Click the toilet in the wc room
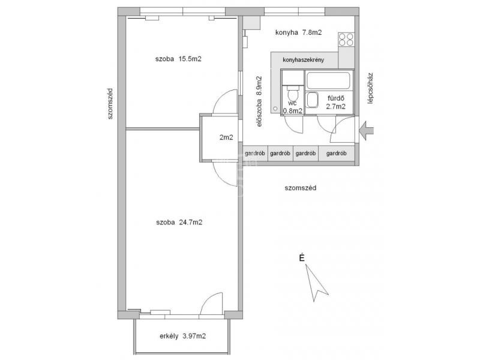(x=293, y=92)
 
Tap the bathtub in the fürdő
(x=328, y=80)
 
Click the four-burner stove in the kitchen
(x=346, y=39)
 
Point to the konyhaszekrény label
(x=303, y=60)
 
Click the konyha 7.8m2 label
(x=298, y=32)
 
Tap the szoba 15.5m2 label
(x=178, y=59)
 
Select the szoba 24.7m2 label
(x=179, y=222)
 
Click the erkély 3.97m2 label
(x=183, y=336)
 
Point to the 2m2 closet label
(x=226, y=138)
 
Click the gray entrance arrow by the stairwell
(x=367, y=131)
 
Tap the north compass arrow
(x=316, y=283)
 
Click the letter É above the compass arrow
(x=302, y=258)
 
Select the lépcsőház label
(x=370, y=88)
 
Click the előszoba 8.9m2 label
(x=259, y=101)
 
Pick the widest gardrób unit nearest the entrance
(x=337, y=153)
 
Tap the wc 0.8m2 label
(x=292, y=107)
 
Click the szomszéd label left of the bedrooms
(x=110, y=104)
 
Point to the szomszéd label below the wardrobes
(x=301, y=188)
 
